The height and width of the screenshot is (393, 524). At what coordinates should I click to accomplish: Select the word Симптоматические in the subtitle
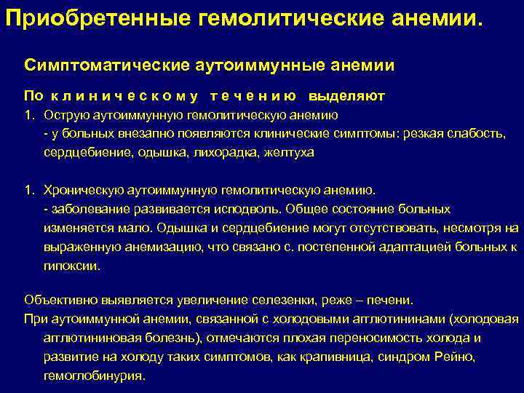pyautogui.click(x=107, y=65)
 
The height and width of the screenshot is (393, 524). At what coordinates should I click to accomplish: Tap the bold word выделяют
pyautogui.click(x=346, y=96)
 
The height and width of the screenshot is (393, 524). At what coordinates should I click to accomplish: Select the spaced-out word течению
pyautogui.click(x=253, y=96)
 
